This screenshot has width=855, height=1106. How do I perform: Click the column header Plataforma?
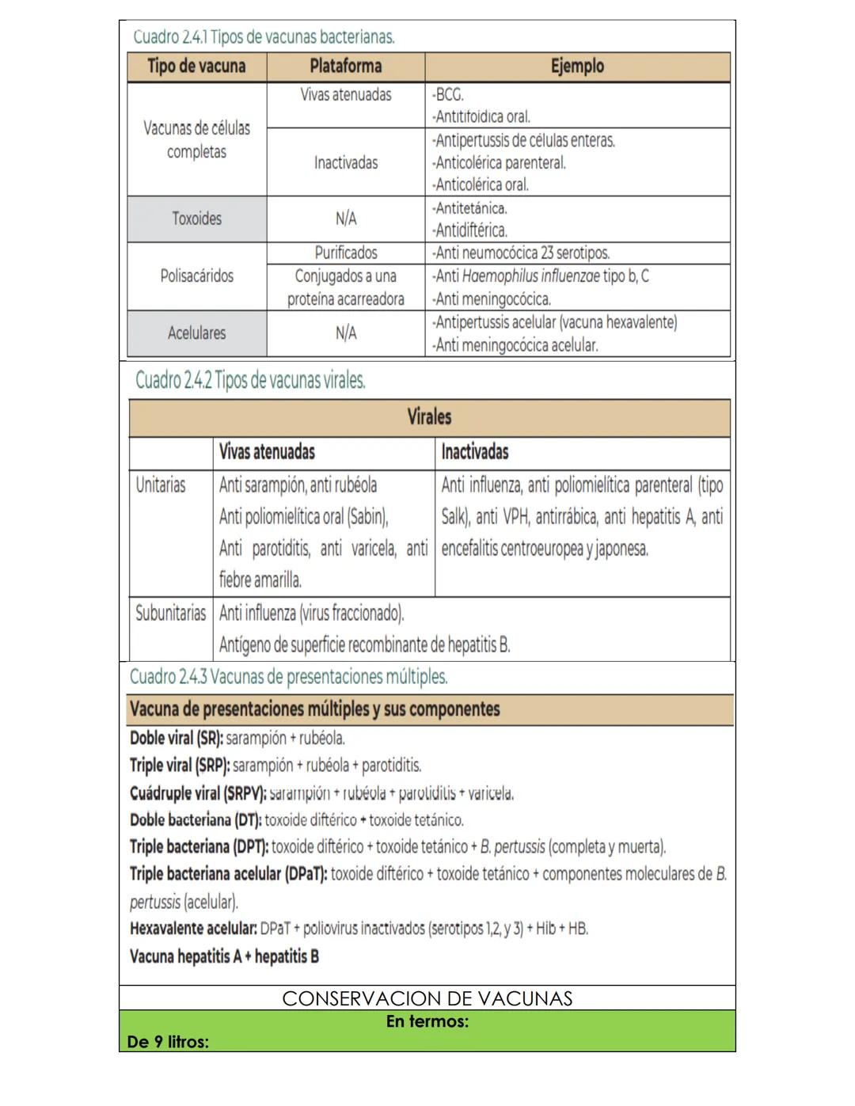point(345,67)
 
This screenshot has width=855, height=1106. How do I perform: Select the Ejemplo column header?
point(577,67)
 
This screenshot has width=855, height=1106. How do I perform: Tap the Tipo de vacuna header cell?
point(196,67)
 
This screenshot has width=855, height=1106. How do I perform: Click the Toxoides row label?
point(196,219)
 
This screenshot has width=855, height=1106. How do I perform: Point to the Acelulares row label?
point(196,333)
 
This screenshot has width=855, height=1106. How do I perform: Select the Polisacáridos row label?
point(196,276)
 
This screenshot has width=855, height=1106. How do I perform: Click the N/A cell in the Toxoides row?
point(345,219)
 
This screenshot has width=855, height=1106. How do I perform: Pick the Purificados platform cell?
point(345,253)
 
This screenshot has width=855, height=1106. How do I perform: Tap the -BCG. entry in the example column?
point(448,95)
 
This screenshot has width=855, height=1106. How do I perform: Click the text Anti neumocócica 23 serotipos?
point(521,253)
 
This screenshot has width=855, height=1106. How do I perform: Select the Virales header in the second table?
point(429,417)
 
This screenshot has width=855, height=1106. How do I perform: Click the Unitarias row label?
point(161,485)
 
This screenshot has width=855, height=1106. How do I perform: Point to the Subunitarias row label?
point(170,614)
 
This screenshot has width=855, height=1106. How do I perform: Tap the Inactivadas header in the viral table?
point(475,452)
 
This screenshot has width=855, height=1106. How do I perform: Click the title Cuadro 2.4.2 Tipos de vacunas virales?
point(250,381)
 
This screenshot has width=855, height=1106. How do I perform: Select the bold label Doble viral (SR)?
point(177,739)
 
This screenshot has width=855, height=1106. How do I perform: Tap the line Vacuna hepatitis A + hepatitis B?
point(224,956)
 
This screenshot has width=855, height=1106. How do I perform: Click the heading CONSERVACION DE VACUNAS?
point(427,998)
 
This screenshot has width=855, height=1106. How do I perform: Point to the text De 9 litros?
point(168,1042)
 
